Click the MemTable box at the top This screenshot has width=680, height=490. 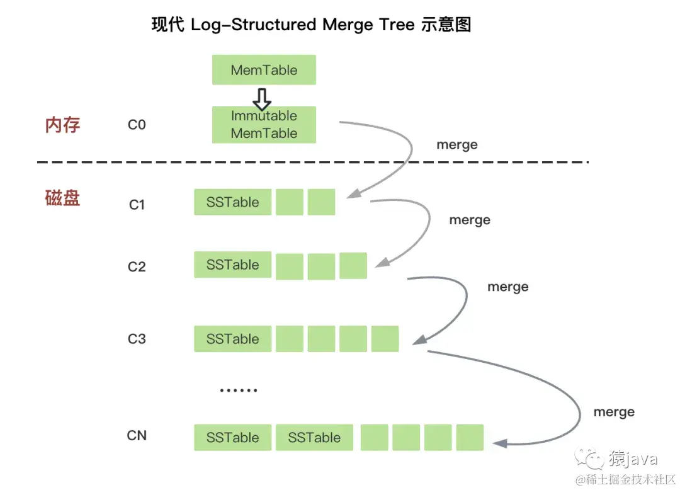tap(264, 70)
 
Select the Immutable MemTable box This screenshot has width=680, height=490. tap(264, 125)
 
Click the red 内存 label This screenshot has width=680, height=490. tap(63, 125)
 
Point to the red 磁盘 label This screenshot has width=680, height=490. tap(63, 198)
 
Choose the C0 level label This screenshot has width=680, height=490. tap(137, 125)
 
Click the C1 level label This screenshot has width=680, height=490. tap(137, 204)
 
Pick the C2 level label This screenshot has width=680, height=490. tap(137, 266)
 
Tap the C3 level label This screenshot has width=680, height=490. tap(137, 339)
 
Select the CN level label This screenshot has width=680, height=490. tap(137, 435)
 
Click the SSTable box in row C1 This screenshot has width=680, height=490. tap(233, 202)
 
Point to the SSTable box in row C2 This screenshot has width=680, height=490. tap(233, 265)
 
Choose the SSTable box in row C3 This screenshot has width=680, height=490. tap(233, 339)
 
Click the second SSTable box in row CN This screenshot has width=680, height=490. tap(314, 438)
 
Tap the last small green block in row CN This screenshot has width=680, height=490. tap(470, 438)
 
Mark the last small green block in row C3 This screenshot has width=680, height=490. tap(385, 339)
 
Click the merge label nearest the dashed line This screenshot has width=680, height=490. tap(457, 145)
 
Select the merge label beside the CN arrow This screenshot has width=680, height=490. tap(614, 412)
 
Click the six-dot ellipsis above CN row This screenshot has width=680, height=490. tap(239, 390)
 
